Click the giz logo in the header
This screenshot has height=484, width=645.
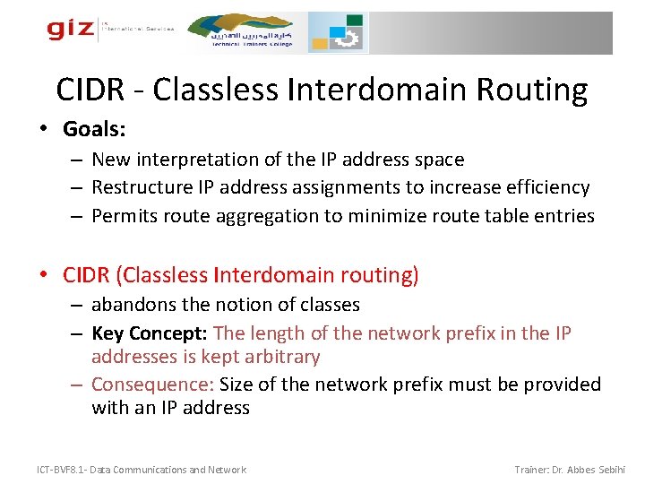tap(70, 30)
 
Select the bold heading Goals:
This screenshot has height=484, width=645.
tap(94, 129)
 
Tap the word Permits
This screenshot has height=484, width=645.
tap(124, 215)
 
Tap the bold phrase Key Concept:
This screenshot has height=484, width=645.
tap(150, 333)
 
